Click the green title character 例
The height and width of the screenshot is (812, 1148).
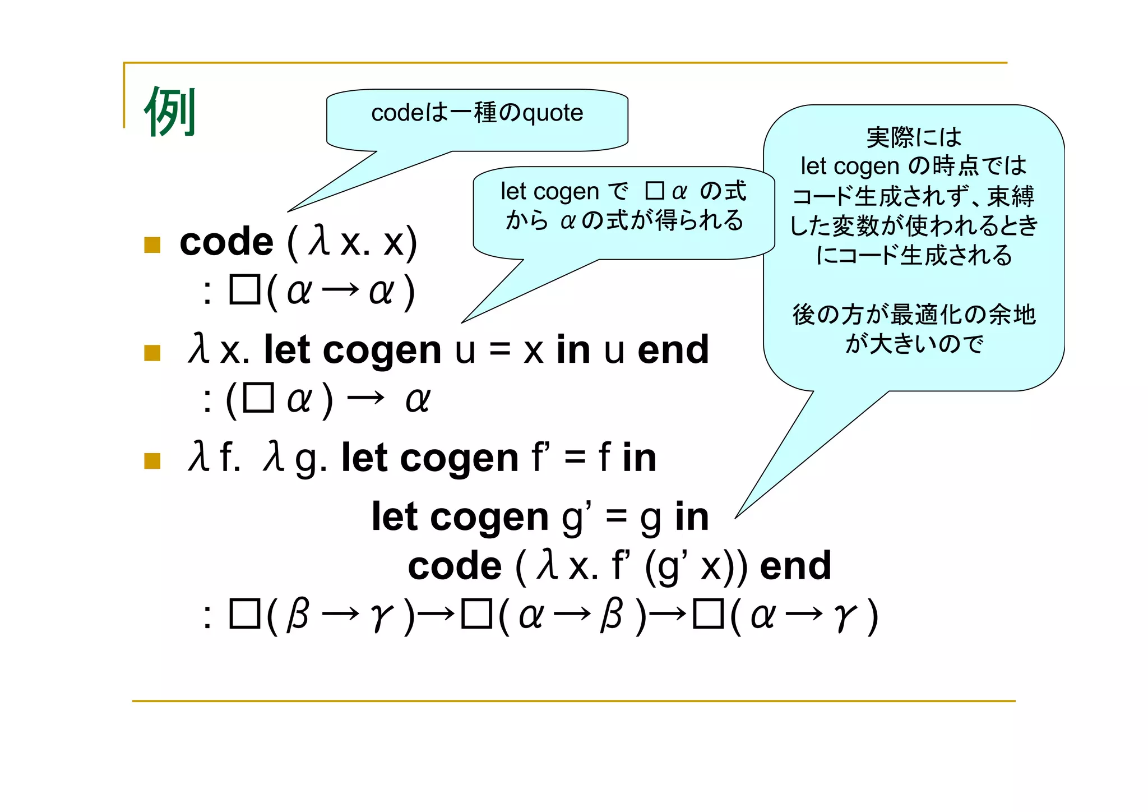[170, 112]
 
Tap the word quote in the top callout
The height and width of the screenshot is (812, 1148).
[553, 113]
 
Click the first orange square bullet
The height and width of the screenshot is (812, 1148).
[152, 244]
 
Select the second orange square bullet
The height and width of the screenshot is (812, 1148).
[152, 353]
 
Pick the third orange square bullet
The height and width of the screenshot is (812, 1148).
[152, 460]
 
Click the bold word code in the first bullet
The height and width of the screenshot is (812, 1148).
[226, 242]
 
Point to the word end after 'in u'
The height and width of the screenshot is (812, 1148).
[673, 350]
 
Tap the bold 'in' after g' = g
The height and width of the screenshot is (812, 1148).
[692, 516]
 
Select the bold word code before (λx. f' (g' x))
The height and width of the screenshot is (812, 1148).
[455, 566]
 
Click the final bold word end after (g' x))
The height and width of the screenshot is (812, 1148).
[795, 566]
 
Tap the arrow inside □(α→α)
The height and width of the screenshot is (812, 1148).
[341, 290]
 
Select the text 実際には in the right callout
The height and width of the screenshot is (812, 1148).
[914, 137]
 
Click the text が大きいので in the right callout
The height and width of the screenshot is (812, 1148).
[914, 344]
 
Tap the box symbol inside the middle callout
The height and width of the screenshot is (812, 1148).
[654, 191]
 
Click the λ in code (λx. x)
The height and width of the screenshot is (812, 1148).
[320, 241]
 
